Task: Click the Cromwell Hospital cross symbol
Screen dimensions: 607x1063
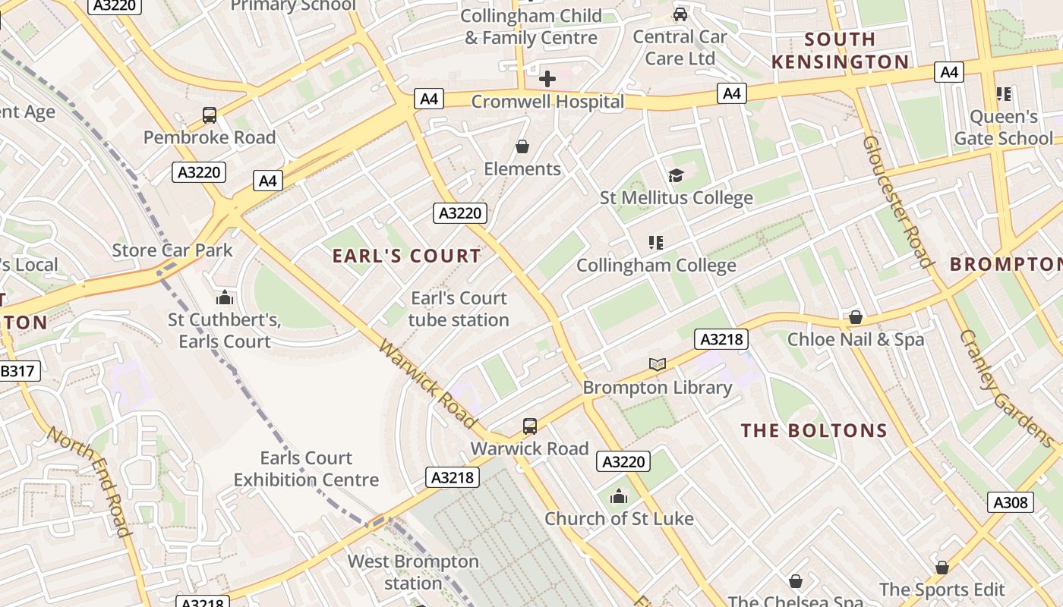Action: pyautogui.click(x=547, y=78)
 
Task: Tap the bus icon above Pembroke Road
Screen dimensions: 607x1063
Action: pyautogui.click(x=210, y=115)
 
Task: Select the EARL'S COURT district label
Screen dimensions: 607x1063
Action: pyautogui.click(x=407, y=256)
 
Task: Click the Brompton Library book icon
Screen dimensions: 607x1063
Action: pyautogui.click(x=658, y=365)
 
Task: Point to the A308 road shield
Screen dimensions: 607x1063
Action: pyautogui.click(x=1010, y=502)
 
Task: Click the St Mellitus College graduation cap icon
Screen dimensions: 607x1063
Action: pyautogui.click(x=676, y=176)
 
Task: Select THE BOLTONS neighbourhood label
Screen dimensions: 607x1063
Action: pyautogui.click(x=814, y=431)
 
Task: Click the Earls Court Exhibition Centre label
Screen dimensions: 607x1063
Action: pyautogui.click(x=306, y=469)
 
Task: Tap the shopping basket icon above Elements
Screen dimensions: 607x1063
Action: pyautogui.click(x=522, y=146)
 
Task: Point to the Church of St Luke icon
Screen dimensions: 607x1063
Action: pyautogui.click(x=619, y=497)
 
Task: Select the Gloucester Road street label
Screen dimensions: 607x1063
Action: pyautogui.click(x=897, y=201)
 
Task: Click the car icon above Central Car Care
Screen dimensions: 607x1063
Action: pyautogui.click(x=680, y=14)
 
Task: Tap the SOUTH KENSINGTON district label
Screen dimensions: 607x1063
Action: pyautogui.click(x=840, y=50)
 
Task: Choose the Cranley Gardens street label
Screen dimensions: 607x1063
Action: pyautogui.click(x=1005, y=388)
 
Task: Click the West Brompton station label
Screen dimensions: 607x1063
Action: pyautogui.click(x=413, y=572)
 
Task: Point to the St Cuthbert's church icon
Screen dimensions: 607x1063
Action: pyautogui.click(x=224, y=297)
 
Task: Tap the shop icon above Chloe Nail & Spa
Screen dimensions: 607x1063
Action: pyautogui.click(x=856, y=317)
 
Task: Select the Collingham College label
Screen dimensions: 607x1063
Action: pyautogui.click(x=656, y=266)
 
